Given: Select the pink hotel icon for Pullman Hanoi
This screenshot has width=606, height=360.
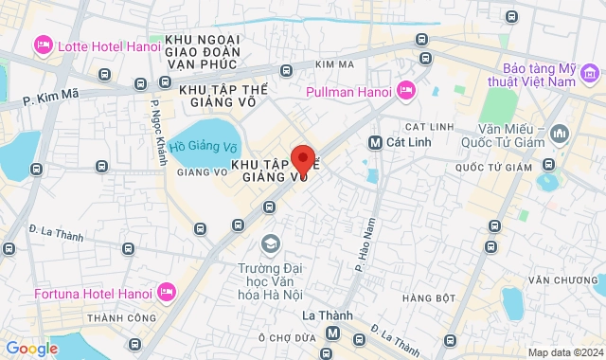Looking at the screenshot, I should [x=406, y=91].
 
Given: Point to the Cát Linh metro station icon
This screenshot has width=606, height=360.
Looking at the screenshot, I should [x=375, y=142].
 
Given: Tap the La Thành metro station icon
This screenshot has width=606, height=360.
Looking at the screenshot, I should [x=332, y=333].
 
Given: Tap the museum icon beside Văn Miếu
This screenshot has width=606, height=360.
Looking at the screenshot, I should [x=559, y=135].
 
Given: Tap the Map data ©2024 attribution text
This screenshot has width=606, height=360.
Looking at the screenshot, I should [x=564, y=352].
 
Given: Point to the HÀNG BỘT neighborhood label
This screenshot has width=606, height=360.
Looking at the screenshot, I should [x=422, y=299].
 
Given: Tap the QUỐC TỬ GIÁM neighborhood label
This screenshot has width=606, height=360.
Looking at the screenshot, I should [x=494, y=168].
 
